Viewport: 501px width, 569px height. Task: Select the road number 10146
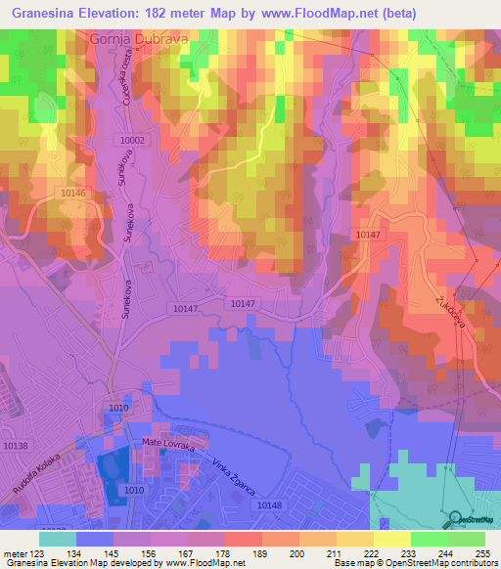point(72,194)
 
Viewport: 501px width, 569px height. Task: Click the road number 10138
point(16,445)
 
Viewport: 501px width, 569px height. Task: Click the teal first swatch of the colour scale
point(58,539)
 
